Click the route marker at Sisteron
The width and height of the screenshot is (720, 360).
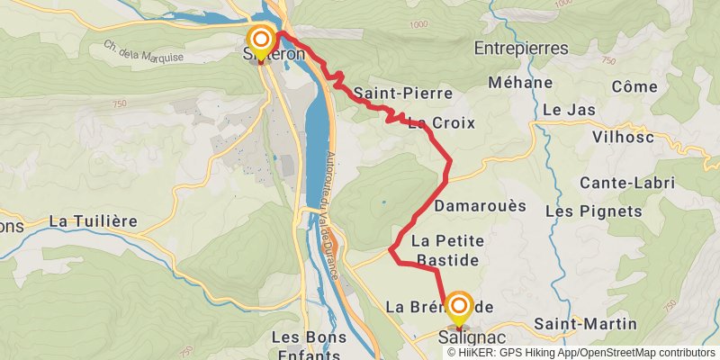pyautogui.click(x=261, y=41)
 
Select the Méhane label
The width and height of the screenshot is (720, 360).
pyautogui.click(x=519, y=82)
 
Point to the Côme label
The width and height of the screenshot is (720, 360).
pyautogui.click(x=634, y=86)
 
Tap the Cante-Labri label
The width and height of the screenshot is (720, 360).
pyautogui.click(x=627, y=183)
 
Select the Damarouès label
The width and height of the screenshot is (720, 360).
pyautogui.click(x=480, y=205)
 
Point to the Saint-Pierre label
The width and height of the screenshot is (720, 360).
pyautogui.click(x=389, y=93)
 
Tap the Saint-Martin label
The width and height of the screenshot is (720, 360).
pyautogui.click(x=585, y=323)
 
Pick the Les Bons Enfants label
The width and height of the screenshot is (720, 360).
pyautogui.click(x=310, y=345)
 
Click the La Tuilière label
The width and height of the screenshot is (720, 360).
pyautogui.click(x=93, y=220)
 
